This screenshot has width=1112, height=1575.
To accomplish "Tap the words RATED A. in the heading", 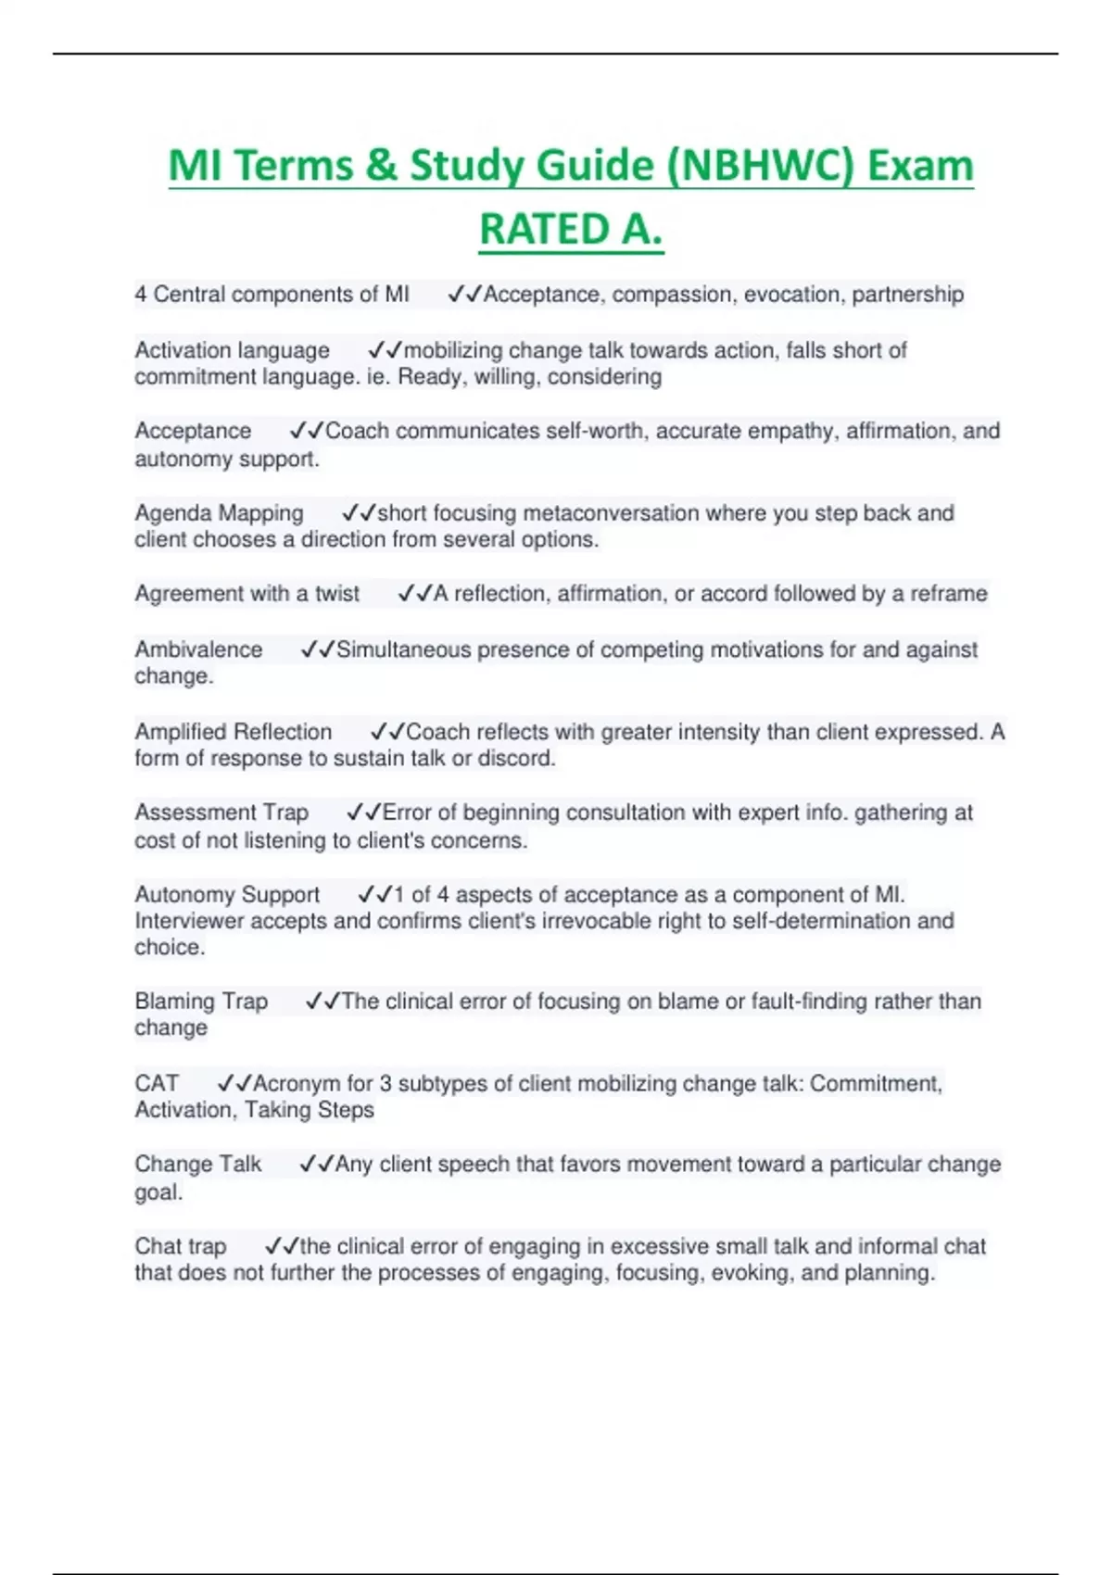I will (571, 230).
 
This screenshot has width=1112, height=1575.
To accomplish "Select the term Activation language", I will (232, 350).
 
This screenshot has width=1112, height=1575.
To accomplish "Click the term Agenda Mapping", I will (219, 513).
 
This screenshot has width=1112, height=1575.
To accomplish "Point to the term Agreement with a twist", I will (246, 594).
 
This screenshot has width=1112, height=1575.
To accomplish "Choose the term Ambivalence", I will (198, 649).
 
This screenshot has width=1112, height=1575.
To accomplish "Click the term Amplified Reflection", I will (233, 732).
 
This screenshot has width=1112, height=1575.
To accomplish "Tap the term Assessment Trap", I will (221, 813).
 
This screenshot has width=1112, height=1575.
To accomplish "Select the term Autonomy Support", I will (227, 895).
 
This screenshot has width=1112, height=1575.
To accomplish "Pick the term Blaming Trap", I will (201, 1002).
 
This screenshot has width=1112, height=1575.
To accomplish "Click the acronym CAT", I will (157, 1084).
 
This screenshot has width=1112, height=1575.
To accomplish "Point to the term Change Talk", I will (198, 1165).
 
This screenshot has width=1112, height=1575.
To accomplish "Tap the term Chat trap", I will (181, 1247).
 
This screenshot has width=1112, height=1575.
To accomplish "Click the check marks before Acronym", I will (234, 1084).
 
